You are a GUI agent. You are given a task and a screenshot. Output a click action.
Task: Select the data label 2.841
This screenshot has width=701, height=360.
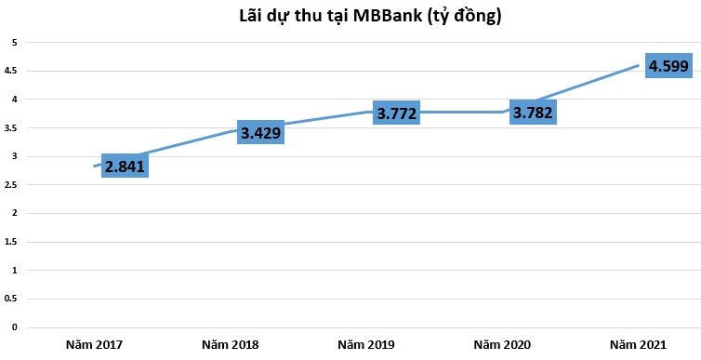click(125, 168)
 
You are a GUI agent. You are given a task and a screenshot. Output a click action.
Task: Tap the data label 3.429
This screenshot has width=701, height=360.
click(260, 133)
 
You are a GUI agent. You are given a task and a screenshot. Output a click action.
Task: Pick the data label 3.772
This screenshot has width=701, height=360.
click(396, 114)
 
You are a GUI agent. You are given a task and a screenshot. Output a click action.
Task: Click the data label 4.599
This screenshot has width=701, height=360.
click(668, 66)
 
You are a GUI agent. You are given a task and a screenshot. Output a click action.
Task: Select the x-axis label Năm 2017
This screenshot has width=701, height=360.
click(94, 345)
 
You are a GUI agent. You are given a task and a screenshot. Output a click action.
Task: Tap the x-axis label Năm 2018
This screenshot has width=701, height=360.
click(230, 345)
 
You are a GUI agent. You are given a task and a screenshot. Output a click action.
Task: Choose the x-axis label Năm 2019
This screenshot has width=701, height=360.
click(366, 345)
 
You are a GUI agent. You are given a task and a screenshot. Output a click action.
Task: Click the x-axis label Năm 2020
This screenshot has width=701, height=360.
click(502, 345)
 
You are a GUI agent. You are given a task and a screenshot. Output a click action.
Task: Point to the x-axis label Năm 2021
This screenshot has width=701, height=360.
click(638, 345)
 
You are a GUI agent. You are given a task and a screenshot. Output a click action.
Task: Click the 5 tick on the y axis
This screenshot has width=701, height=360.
click(14, 43)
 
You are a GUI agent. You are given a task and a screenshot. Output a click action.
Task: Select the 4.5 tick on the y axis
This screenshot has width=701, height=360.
click(12, 71)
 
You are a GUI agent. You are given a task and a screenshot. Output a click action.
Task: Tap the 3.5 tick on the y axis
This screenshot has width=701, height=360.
click(12, 128)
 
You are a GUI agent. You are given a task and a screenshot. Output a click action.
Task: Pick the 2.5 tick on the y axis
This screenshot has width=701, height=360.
click(12, 185)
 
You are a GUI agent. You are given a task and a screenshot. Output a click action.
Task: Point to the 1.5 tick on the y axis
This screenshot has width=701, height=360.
click(12, 242)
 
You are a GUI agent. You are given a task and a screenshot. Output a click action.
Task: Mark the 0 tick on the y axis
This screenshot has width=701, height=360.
click(14, 327)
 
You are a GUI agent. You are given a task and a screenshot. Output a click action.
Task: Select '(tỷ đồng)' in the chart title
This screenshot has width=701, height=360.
click(463, 16)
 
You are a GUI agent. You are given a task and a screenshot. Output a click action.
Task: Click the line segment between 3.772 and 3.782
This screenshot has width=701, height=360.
click(465, 113)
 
